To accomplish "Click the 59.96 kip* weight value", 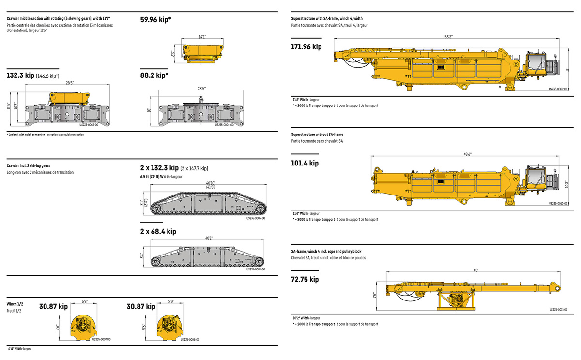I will point(155,20).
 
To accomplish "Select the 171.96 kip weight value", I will point(306,47).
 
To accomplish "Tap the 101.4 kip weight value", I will point(305,163).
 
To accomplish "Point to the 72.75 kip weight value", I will point(305,279).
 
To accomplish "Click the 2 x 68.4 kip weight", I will point(158,232).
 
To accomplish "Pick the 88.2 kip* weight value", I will point(154,75).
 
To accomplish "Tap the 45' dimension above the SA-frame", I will point(476,270).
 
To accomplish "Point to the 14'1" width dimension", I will point(202,36).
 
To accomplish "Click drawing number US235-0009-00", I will point(558,89).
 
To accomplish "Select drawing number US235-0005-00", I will point(256,218).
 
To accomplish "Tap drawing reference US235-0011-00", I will point(558,309).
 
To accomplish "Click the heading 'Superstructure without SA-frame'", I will point(317,134).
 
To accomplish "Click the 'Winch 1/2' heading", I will point(15,304).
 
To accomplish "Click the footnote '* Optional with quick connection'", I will point(27,135).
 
